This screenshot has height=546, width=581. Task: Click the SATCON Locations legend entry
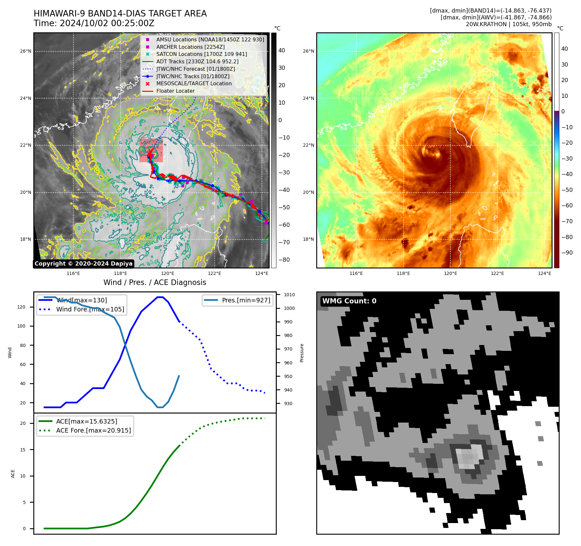pyautogui.click(x=201, y=54)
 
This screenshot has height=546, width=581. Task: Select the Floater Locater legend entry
pyautogui.click(x=175, y=91)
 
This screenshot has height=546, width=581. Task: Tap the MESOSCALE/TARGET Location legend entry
pyautogui.click(x=194, y=84)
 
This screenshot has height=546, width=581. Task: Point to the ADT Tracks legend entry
pyautogui.click(x=197, y=62)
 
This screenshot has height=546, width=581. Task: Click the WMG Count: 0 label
pyautogui.click(x=349, y=301)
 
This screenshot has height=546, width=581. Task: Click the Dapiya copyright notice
pyautogui.click(x=83, y=264)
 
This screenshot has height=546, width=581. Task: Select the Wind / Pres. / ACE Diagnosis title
pyautogui.click(x=155, y=283)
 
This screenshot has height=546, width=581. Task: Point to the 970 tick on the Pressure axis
pyautogui.click(x=288, y=349)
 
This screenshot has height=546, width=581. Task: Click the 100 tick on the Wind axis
pyautogui.click(x=21, y=326)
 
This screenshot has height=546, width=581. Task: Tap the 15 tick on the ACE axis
pyautogui.click(x=23, y=450)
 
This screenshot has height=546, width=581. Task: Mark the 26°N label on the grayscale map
pyautogui.click(x=26, y=51)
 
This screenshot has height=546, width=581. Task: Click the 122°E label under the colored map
pyautogui.click(x=497, y=274)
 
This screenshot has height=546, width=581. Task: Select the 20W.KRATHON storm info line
pyautogui.click(x=509, y=24)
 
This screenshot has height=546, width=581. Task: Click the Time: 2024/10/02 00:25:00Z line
pyautogui.click(x=94, y=24)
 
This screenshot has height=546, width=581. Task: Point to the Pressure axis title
pyautogui.click(x=302, y=353)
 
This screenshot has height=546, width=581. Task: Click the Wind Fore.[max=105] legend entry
pyautogui.click(x=90, y=310)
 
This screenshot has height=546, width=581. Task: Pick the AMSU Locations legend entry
pyautogui.click(x=210, y=40)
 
